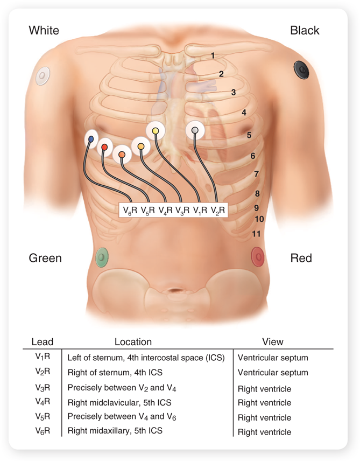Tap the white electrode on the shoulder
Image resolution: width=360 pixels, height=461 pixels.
pyautogui.click(x=43, y=75)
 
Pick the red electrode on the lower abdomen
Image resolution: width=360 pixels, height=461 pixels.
pyautogui.click(x=258, y=256)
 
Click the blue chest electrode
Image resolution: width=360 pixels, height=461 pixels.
pyautogui.click(x=91, y=139)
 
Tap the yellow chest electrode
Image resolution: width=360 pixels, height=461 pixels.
pyautogui.click(x=155, y=130)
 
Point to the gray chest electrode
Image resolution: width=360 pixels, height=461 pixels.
pyautogui.click(x=195, y=130)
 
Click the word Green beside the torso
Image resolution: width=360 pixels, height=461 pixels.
pyautogui.click(x=45, y=258)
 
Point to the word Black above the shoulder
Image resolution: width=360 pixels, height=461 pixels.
pyautogui.click(x=305, y=30)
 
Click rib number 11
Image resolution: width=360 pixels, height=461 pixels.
pyautogui.click(x=257, y=234)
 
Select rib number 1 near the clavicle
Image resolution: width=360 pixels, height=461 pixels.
pyautogui.click(x=213, y=55)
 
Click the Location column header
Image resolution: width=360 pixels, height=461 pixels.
pyautogui.click(x=133, y=341)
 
